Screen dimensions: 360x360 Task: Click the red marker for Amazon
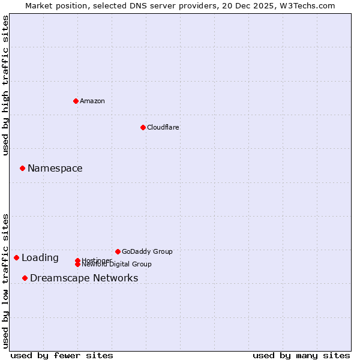tap(76, 101)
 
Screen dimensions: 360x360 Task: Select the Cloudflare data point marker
tap(143, 127)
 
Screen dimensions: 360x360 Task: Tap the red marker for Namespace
tap(22, 168)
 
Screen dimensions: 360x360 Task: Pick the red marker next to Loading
tap(16, 257)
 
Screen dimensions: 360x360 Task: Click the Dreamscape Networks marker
tap(25, 278)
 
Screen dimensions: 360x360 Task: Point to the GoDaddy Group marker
tap(118, 251)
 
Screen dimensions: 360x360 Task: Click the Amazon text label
tap(92, 101)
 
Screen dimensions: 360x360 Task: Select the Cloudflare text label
tap(163, 127)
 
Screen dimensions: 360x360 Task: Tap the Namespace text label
tap(55, 169)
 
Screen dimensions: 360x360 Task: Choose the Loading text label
tap(40, 258)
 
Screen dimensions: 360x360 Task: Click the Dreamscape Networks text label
tap(84, 278)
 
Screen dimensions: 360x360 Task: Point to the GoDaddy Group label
tap(147, 252)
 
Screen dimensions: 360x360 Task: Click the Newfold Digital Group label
tap(117, 265)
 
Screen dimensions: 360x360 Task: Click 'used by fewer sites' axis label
tap(62, 355)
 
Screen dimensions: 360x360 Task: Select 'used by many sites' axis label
tap(301, 355)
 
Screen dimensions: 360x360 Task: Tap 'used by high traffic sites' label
tap(5, 85)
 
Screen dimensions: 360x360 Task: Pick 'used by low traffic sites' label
tap(5, 281)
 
